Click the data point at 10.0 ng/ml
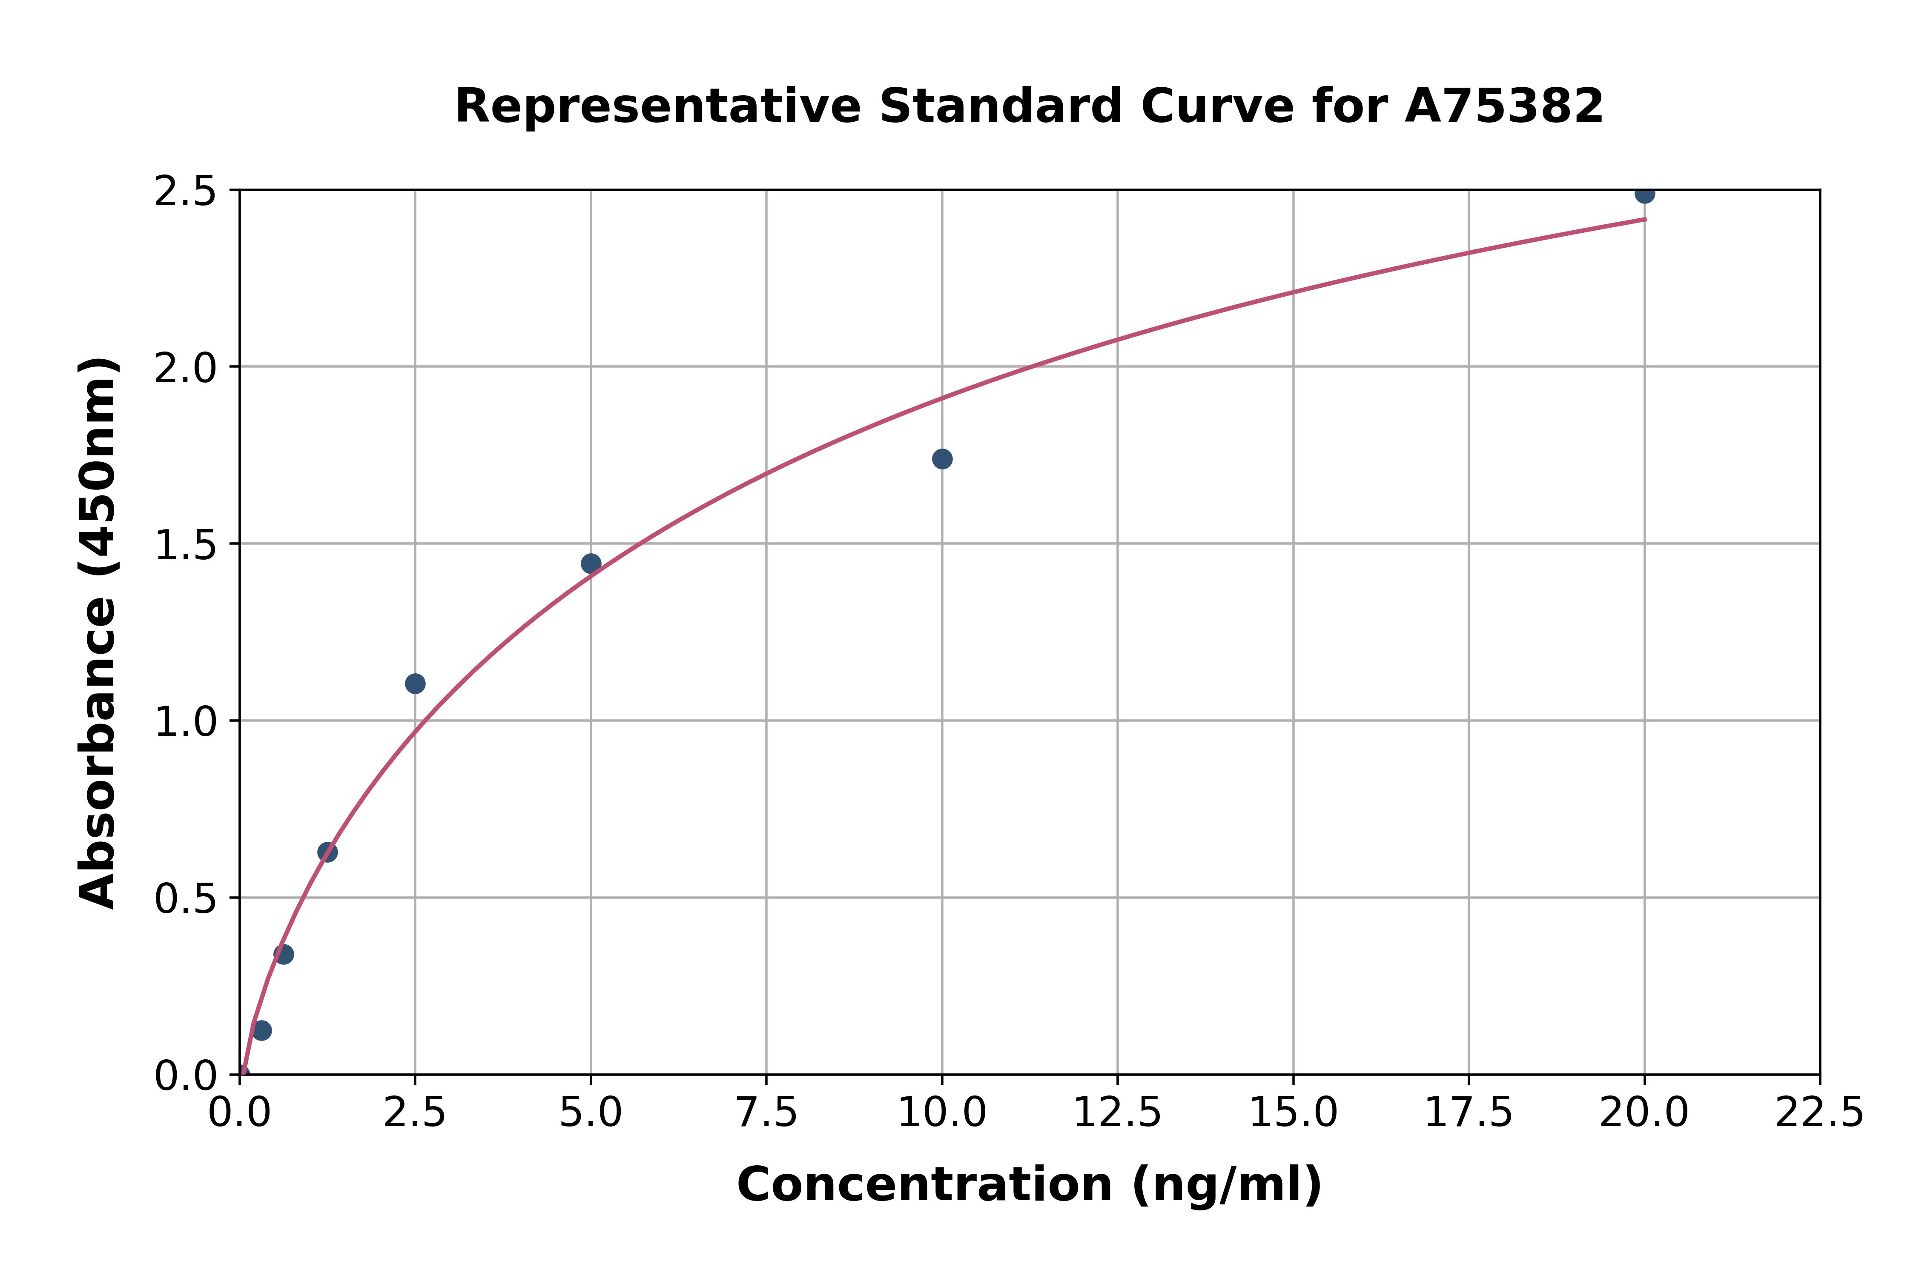[942, 459]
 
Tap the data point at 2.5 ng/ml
[415, 683]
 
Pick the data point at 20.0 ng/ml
[1644, 194]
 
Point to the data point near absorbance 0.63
[327, 852]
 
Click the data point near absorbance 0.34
[284, 955]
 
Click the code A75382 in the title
[1504, 106]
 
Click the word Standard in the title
[1000, 106]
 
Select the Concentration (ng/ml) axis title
[1029, 1185]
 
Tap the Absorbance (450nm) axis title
[98, 633]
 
